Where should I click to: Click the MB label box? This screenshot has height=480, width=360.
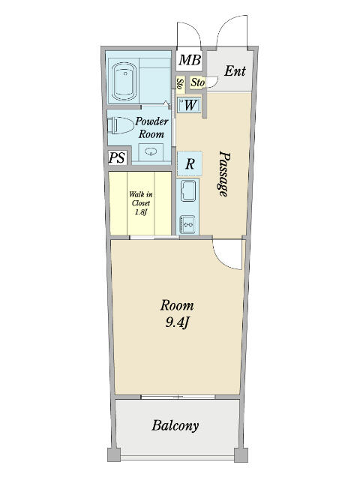pos(189,60)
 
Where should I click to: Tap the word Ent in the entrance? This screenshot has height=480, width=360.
pos(235,71)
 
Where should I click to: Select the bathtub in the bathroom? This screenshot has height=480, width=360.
pos(124,82)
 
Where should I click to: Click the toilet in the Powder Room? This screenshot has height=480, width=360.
pos(121,125)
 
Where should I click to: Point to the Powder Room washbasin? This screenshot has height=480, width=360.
pos(151,151)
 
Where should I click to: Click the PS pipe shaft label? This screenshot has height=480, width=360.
pos(117,157)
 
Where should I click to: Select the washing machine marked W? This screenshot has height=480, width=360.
pos(189,105)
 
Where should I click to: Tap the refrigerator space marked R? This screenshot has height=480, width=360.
pos(190,163)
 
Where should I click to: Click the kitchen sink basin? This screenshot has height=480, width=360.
pos(188,190)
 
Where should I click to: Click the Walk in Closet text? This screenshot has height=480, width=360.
pos(140,202)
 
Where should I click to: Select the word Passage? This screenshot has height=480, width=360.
pos(224,173)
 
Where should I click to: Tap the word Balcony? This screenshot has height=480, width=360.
pos(175,426)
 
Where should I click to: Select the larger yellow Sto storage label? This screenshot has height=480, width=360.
pos(198,82)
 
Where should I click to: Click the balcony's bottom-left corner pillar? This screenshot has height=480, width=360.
pos(114,455)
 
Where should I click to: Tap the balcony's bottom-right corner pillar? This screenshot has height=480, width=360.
pos(241,455)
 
